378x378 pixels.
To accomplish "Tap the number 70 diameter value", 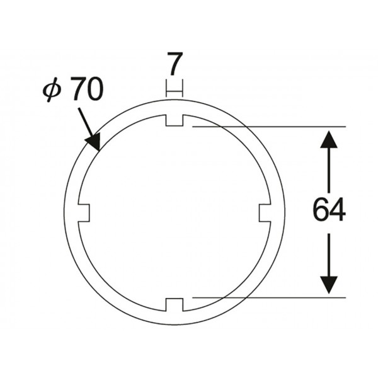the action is coord(88,89).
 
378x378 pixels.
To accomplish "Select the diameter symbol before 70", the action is coord(52,89).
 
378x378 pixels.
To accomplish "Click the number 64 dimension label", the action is coord(329,209).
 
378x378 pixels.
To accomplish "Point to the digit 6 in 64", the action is coord(321,209).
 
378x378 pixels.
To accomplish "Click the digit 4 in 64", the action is coord(338,209).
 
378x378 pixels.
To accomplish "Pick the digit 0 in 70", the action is coord(96,89).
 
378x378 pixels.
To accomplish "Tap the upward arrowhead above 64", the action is coord(329,139).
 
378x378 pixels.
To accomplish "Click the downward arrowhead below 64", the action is coord(329,285).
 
